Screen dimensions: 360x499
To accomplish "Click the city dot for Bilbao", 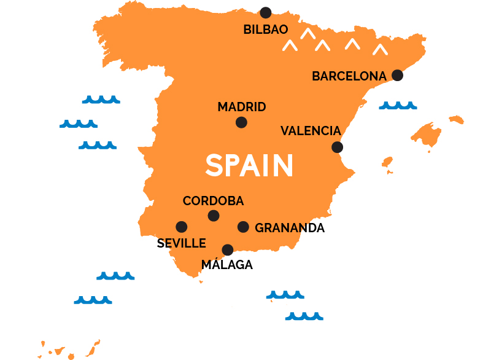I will [266, 12].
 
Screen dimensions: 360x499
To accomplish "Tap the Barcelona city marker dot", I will [397, 75].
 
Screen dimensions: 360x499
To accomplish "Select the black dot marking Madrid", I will [241, 122].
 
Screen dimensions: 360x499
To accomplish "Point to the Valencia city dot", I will [337, 147].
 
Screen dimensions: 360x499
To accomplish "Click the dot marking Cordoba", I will [214, 215].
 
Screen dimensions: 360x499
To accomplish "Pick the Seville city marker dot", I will [182, 227].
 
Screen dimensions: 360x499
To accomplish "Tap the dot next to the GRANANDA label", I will [243, 227].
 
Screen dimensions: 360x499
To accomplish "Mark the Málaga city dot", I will [228, 249].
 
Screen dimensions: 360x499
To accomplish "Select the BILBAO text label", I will [266, 29].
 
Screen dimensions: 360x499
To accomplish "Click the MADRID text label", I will [242, 107].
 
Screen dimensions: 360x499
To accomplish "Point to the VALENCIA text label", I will [311, 131].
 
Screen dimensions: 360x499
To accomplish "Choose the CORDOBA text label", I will [213, 201].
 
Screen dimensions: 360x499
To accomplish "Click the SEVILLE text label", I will [181, 243].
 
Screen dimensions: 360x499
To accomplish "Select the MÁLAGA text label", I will [227, 265].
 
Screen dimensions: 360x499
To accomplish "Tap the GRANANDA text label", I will [290, 228].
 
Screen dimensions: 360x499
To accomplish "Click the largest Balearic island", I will [427, 135].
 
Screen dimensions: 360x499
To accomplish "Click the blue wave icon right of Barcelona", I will [398, 106].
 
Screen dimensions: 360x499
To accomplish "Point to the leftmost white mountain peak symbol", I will [289, 45].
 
